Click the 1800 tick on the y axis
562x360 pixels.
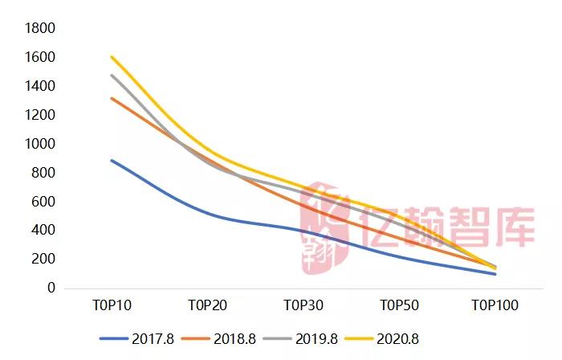[x=40, y=29]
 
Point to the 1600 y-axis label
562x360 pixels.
[x=40, y=58]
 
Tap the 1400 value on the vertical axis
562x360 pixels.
[x=40, y=86]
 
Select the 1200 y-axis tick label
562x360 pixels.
[x=40, y=115]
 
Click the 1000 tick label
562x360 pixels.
[x=40, y=144]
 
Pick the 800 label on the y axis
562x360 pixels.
[x=44, y=173]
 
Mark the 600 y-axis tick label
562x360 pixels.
[x=44, y=201]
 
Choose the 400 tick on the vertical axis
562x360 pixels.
[x=44, y=230]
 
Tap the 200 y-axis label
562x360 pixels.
[x=44, y=259]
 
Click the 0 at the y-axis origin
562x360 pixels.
[x=51, y=288]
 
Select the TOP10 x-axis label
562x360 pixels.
[x=112, y=305]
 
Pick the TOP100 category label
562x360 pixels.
[x=495, y=305]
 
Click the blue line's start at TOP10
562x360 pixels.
[x=112, y=161]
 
